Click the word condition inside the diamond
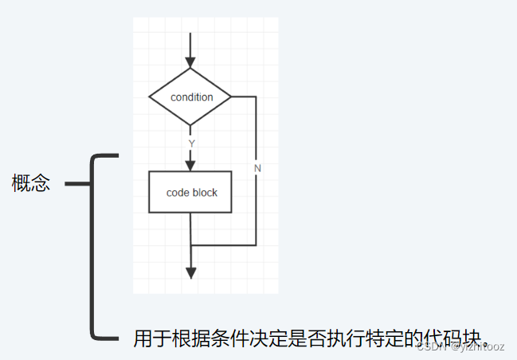pyautogui.click(x=192, y=97)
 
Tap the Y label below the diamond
pyautogui.click(x=191, y=143)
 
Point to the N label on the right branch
pyautogui.click(x=257, y=169)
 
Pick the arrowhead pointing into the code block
pyautogui.click(x=190, y=164)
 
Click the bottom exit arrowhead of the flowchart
pyautogui.click(x=190, y=272)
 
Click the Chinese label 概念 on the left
pyautogui.click(x=31, y=183)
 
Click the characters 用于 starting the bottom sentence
pyautogui.click(x=152, y=338)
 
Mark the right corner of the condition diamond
pyautogui.click(x=231, y=97)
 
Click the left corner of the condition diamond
pyautogui.click(x=151, y=97)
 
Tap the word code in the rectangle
pyautogui.click(x=178, y=193)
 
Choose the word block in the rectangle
pyautogui.click(x=205, y=193)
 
